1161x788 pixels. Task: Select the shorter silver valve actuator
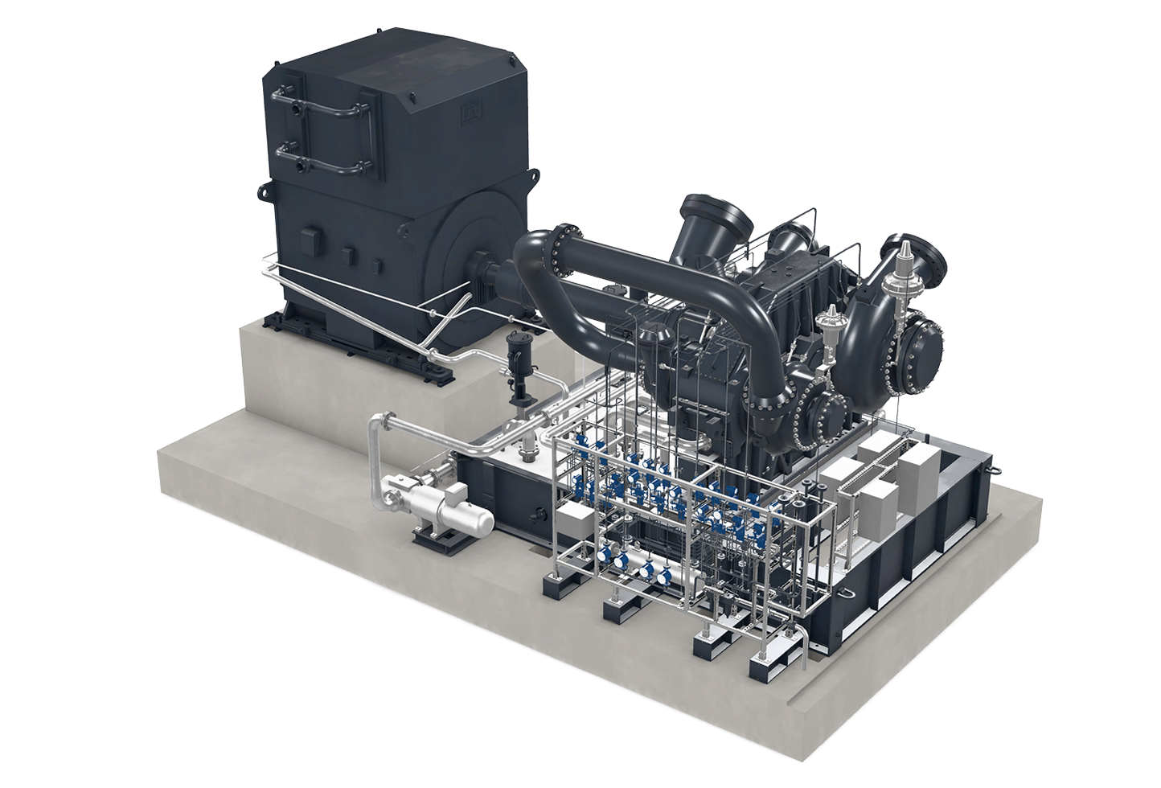pyautogui.click(x=823, y=326)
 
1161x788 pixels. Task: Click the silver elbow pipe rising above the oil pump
pyautogui.click(x=379, y=434)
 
